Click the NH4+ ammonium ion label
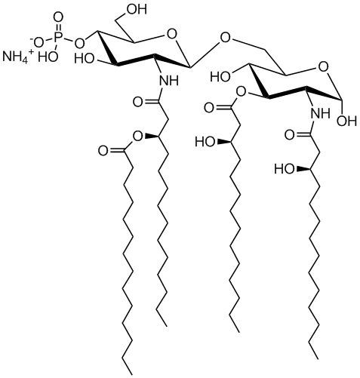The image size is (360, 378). click(x=17, y=57)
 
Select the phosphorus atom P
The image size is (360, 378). click(x=57, y=37)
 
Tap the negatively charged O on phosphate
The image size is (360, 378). click(x=37, y=43)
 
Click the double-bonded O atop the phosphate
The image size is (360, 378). click(x=58, y=18)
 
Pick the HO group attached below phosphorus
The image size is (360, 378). click(x=48, y=57)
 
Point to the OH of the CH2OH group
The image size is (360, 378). click(x=137, y=9)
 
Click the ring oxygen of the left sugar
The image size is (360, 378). click(x=171, y=35)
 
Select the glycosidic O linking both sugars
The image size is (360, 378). click(x=225, y=38)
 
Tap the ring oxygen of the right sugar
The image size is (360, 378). click(x=323, y=67)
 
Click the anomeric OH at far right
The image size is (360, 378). click(x=346, y=121)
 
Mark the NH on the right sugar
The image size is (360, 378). click(x=320, y=114)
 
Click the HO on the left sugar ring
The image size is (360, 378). click(x=85, y=59)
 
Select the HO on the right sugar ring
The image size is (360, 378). click(x=220, y=76)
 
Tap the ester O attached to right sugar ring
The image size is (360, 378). click(x=241, y=93)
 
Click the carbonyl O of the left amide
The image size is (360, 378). click(x=138, y=102)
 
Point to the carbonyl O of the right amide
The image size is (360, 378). click(x=289, y=135)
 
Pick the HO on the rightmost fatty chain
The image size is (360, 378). click(x=284, y=169)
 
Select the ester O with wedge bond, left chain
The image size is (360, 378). click(x=138, y=136)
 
